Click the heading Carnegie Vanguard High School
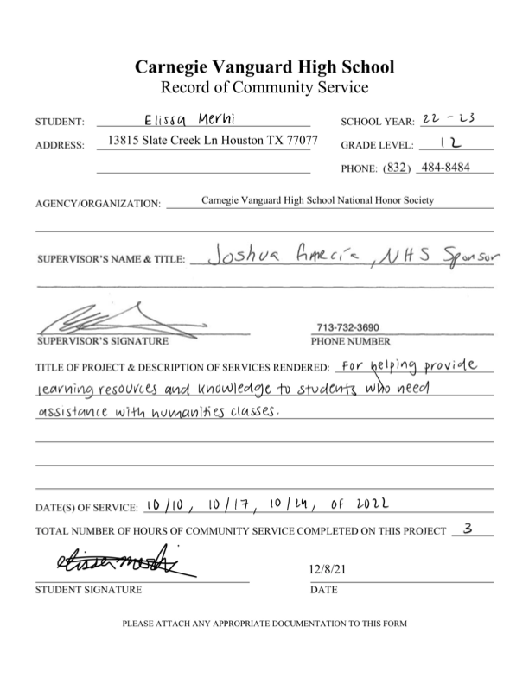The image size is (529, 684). coord(264,66)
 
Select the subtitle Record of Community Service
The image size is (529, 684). coord(264,87)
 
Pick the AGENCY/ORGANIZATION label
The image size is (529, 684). coord(98,205)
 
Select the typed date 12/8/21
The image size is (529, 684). coord(327,570)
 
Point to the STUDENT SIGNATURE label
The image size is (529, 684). coord(87,591)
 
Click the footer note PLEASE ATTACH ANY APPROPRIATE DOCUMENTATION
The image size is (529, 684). coord(264,623)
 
